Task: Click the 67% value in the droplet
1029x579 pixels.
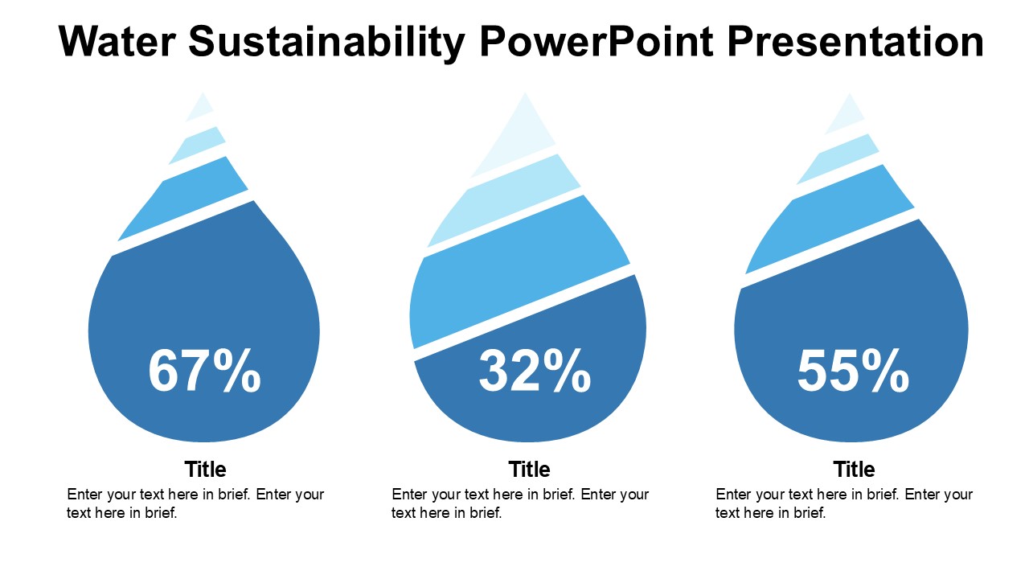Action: tap(204, 372)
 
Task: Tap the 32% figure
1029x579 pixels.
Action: tap(535, 372)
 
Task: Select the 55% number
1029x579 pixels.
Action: tap(853, 372)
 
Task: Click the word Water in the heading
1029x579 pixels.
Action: tap(117, 42)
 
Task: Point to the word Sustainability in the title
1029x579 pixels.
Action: tap(327, 42)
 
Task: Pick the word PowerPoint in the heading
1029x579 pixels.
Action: tap(596, 42)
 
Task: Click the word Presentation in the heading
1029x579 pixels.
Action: tap(855, 42)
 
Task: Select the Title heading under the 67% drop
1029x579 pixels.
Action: tap(205, 469)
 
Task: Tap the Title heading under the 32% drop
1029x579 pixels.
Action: tap(529, 469)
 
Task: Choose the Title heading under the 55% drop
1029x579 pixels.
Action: tap(854, 469)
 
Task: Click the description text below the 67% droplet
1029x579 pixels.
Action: tap(195, 503)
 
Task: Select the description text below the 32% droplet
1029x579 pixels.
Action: tap(520, 503)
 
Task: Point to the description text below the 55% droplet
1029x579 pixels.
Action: tap(844, 503)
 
